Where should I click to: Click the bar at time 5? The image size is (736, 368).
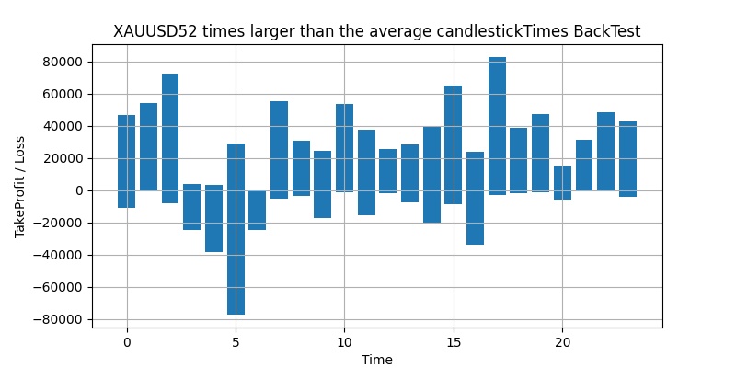[236, 229]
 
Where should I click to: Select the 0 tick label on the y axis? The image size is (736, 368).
[79, 190]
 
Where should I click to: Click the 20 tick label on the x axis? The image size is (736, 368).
[562, 342]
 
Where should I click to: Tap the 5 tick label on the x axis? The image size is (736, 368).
[236, 342]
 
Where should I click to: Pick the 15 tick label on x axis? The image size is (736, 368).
[454, 342]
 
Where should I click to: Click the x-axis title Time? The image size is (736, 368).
[376, 360]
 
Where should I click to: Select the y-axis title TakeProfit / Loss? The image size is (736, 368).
[20, 190]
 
